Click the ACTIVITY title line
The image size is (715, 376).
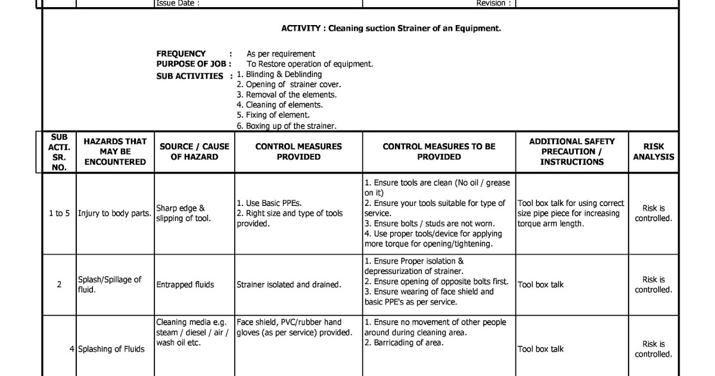391,28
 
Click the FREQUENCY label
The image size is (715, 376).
181,54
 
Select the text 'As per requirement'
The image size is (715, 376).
281,54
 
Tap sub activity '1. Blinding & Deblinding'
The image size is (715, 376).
279,74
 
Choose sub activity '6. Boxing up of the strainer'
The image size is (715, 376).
287,126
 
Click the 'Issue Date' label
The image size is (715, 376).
177,3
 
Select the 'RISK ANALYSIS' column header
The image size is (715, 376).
653,152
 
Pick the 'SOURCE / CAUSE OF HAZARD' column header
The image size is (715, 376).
194,152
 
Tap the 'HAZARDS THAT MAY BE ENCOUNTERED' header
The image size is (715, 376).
115,152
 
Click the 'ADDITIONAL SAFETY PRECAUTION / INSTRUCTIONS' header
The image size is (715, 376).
572,152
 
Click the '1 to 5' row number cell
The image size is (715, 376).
59,213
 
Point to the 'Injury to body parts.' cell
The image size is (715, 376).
114,213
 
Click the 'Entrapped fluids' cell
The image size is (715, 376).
185,285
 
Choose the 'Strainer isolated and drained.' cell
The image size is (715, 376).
289,285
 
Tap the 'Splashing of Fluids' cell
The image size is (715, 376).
111,349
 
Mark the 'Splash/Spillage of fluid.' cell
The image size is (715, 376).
110,285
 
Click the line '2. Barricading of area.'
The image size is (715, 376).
404,343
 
